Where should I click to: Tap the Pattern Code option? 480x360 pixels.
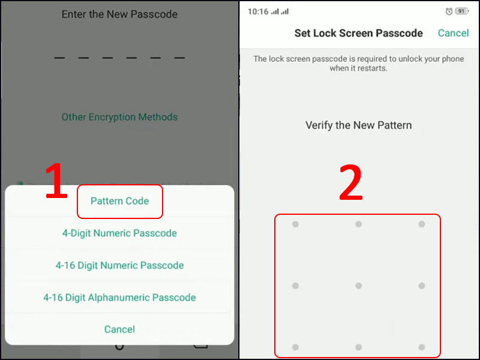[x=119, y=201]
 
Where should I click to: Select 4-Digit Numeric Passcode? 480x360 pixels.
[x=119, y=233]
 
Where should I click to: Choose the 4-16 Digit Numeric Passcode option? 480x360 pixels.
[x=119, y=265]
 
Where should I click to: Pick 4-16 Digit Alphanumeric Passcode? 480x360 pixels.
[x=119, y=298]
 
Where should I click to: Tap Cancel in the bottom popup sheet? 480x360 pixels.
[x=119, y=329]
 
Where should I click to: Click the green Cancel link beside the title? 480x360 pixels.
[x=454, y=33]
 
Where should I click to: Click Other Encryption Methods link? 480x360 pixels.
[x=119, y=117]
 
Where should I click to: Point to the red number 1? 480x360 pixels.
[x=56, y=181]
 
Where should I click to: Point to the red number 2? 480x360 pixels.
[x=351, y=182]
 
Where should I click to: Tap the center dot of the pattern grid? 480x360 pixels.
[x=358, y=286]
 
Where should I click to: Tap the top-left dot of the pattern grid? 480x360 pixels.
[x=295, y=224]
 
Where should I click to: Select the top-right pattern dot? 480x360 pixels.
[x=422, y=224]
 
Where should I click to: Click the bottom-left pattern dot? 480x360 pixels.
[x=295, y=347]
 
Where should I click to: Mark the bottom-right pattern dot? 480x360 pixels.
[x=422, y=347]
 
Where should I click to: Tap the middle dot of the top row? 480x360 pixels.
[x=358, y=224]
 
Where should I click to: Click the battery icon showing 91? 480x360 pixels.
[x=462, y=11]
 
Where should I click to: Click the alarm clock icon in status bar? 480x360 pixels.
[x=449, y=11]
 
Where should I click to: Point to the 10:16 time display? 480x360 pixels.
[x=258, y=11]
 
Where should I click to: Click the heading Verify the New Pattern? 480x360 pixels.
[x=358, y=125]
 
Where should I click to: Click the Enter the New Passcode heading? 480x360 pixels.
[x=119, y=14]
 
